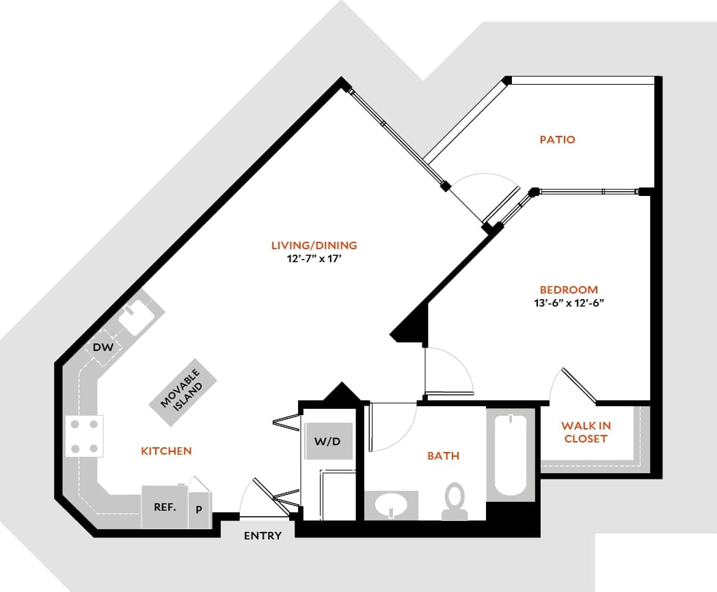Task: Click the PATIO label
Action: click(x=557, y=140)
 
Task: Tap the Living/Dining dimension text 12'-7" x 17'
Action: click(x=314, y=259)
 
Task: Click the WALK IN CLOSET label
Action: click(x=586, y=432)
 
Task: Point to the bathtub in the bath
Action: click(x=511, y=455)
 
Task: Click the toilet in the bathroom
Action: click(x=453, y=502)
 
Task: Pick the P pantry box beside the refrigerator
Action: click(x=199, y=509)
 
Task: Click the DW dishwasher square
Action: click(x=103, y=348)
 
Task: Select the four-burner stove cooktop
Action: click(x=84, y=436)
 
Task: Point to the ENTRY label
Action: click(x=262, y=536)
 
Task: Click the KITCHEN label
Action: click(x=166, y=451)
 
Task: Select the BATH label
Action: click(x=443, y=456)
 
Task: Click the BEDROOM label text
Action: click(x=568, y=290)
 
